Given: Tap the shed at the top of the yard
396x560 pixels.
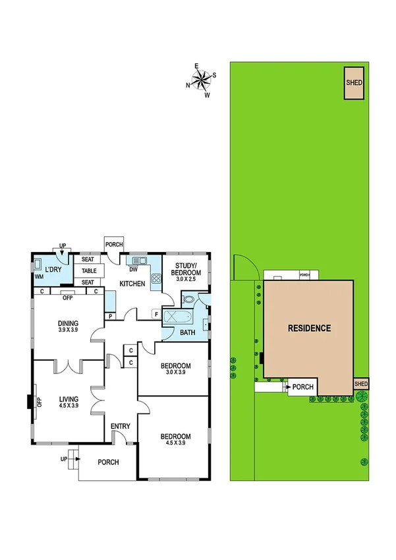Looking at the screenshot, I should (x=354, y=83).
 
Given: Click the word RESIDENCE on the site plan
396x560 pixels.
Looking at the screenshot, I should (x=308, y=328).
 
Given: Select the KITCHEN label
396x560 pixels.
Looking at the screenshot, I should (x=132, y=284).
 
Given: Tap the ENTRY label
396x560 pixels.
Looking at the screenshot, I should (x=121, y=426).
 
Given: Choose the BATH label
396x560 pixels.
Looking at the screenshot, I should (x=188, y=332).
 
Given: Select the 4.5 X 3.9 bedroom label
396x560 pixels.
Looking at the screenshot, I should (x=175, y=440).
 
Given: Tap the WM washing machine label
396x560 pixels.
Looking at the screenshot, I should (x=40, y=277).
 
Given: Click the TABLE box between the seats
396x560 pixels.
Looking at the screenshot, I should (x=90, y=270).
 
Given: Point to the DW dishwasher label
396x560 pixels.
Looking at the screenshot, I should (x=133, y=269).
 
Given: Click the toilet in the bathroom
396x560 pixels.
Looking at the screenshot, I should (x=189, y=299).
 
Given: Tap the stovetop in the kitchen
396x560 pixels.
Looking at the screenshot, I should (x=157, y=278).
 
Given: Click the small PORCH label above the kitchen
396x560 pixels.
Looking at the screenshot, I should (x=114, y=245).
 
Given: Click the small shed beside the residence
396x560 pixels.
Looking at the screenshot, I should (x=361, y=384).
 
